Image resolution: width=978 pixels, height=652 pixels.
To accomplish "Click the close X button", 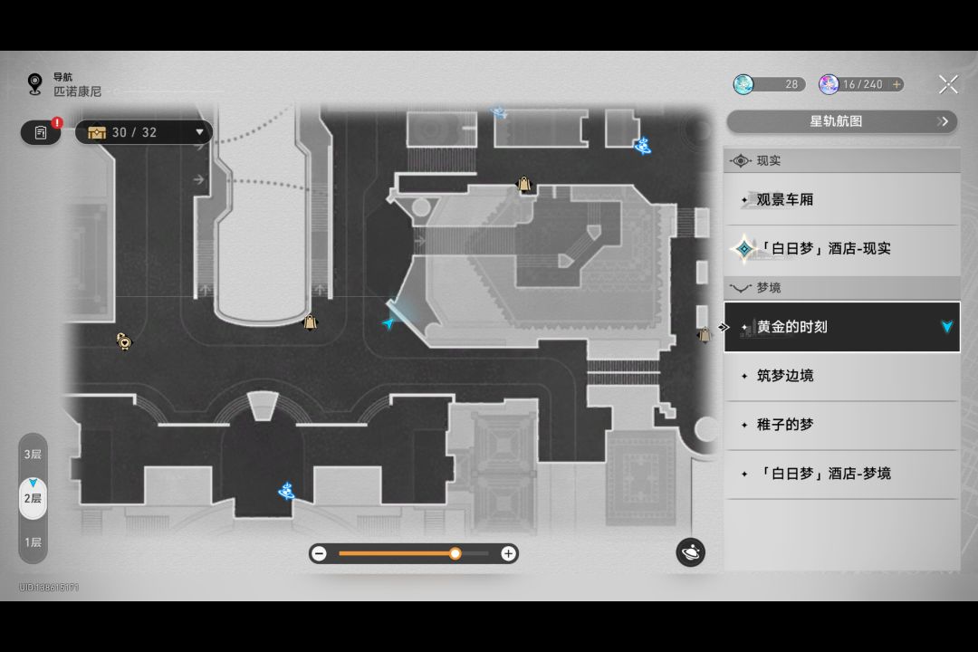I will (x=948, y=84).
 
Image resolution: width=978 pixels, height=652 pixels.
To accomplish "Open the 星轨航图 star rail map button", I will (x=841, y=121).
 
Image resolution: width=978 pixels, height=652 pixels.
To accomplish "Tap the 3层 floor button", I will (x=33, y=454).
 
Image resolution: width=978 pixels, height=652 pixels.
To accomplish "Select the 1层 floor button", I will (x=33, y=542).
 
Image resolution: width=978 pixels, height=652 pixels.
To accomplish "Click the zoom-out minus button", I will (x=319, y=553).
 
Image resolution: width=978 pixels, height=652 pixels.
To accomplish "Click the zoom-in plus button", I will (x=509, y=553).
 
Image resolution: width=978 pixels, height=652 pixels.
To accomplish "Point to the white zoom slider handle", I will (x=455, y=553).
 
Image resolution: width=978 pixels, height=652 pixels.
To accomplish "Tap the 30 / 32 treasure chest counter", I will (x=144, y=132).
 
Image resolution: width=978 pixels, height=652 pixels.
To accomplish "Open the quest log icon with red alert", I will (x=41, y=132).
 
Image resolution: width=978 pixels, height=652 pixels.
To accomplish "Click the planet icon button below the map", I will (x=690, y=552).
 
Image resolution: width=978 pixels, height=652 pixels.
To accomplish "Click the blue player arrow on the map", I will (x=389, y=322).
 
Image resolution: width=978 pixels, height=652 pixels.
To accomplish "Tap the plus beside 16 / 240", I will (x=896, y=84).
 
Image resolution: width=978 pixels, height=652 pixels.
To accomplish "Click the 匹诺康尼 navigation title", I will (x=77, y=91).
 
